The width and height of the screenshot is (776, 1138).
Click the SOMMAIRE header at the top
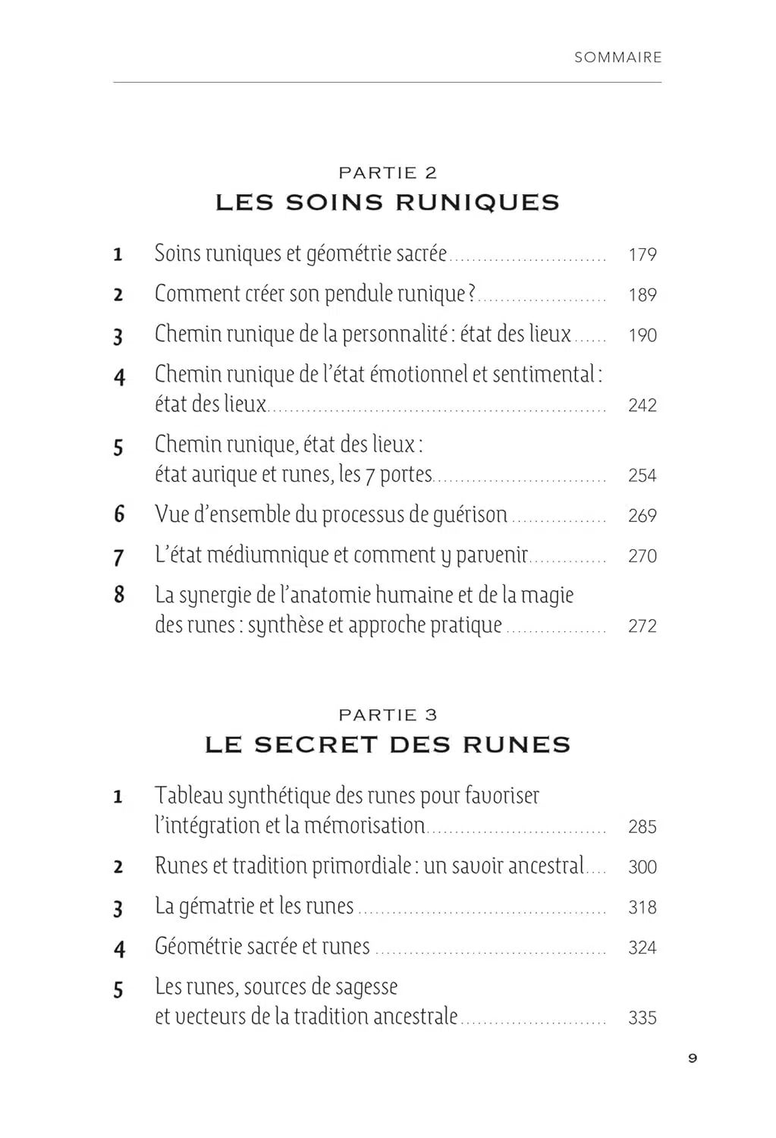tap(617, 57)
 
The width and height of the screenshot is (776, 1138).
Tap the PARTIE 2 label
tap(388, 173)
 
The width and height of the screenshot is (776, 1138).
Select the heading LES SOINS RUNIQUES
tap(388, 203)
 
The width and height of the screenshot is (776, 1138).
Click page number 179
tap(642, 255)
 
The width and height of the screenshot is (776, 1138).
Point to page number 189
tap(642, 295)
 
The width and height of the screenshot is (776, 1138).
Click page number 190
tap(642, 335)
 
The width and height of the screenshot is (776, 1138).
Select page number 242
tap(642, 405)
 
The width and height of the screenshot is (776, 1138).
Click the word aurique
tap(229, 475)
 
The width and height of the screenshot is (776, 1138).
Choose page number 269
tap(642, 516)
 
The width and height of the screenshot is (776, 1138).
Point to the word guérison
tap(470, 515)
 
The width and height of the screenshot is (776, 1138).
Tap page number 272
tap(642, 626)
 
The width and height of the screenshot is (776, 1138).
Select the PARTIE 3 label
tap(388, 715)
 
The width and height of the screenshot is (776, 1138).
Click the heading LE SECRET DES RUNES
tap(388, 745)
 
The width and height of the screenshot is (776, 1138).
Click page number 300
tap(642, 867)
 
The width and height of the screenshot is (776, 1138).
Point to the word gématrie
tap(215, 907)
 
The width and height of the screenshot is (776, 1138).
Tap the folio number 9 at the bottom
tap(692, 1058)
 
